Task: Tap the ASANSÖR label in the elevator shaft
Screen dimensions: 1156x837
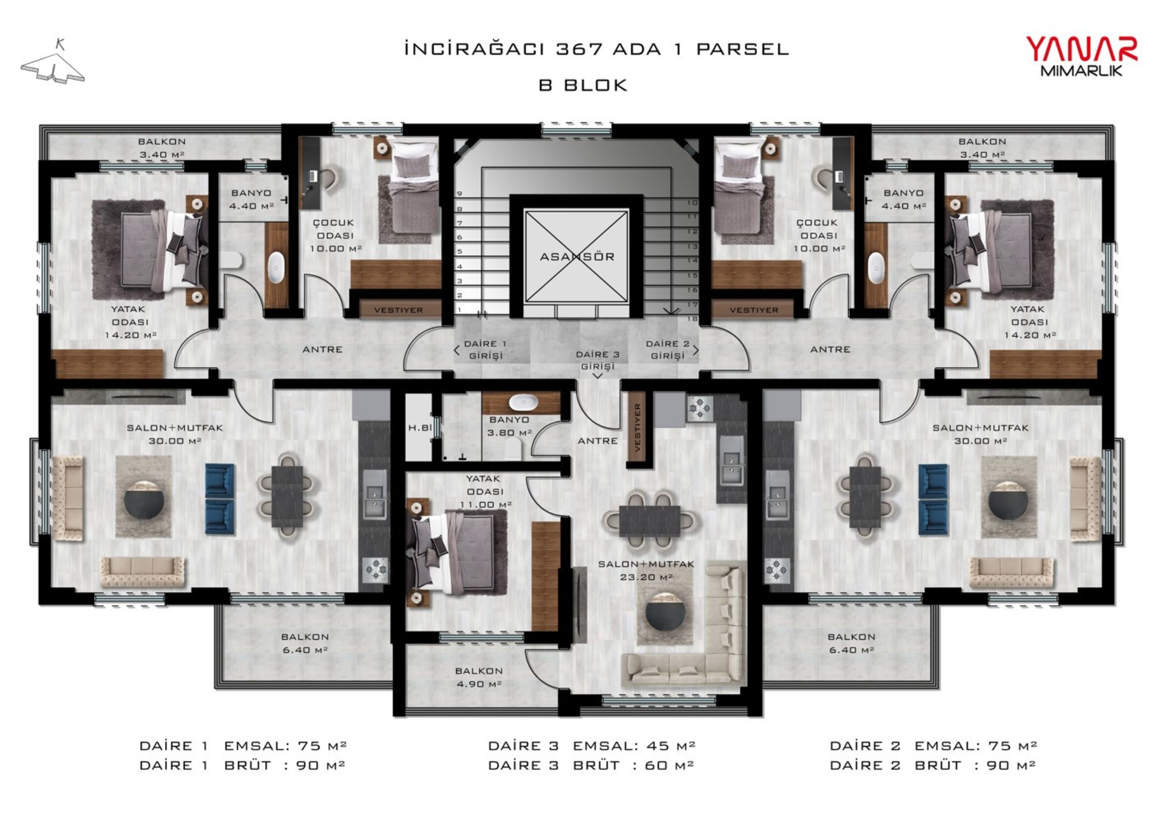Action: [x=577, y=257]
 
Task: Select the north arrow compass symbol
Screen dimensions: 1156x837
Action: [x=53, y=63]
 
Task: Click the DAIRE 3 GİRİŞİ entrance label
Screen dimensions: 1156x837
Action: [x=598, y=360]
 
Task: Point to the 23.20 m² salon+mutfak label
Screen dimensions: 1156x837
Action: [x=646, y=570]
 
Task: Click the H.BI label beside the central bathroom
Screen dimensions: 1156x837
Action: [x=420, y=428]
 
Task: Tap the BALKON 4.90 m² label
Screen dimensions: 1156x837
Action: [x=479, y=677]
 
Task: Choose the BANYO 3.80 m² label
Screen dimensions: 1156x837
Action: [x=509, y=426]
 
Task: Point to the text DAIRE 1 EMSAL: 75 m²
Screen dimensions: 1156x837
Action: [x=243, y=745]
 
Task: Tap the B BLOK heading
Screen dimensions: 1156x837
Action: [x=583, y=85]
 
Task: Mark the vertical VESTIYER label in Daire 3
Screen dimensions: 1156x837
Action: [x=637, y=428]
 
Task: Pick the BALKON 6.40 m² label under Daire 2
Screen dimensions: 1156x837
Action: [x=851, y=643]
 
